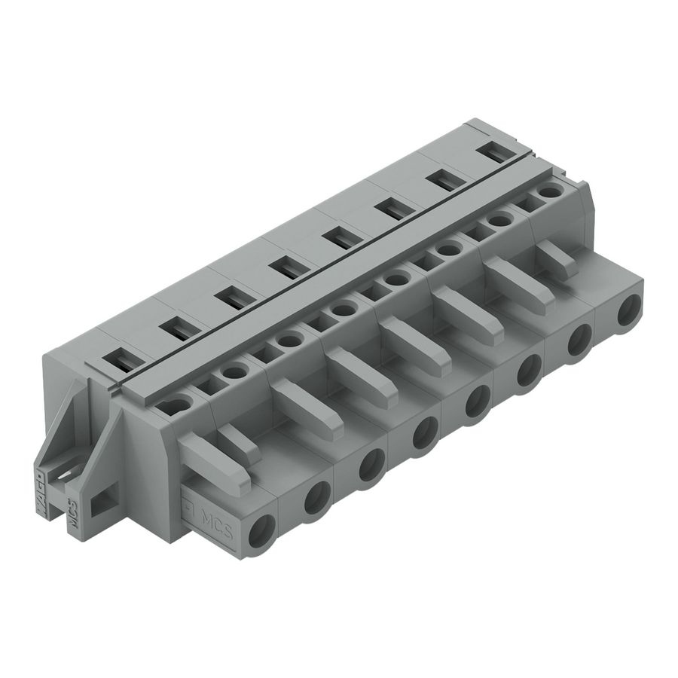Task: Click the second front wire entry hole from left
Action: pos(315,497)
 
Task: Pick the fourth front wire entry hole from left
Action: pos(424,432)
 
